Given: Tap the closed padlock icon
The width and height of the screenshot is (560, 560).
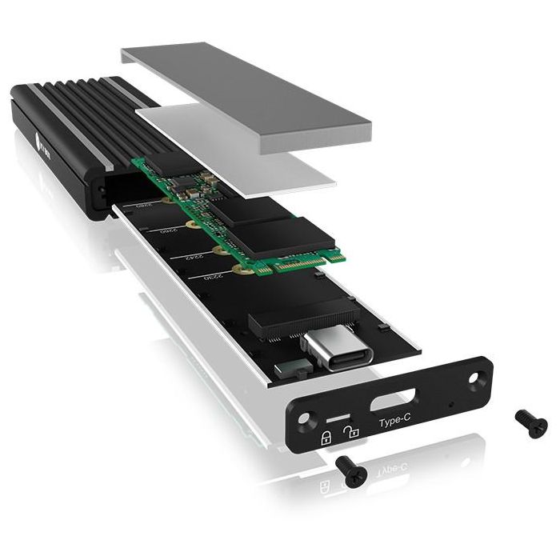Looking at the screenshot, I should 326,437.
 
